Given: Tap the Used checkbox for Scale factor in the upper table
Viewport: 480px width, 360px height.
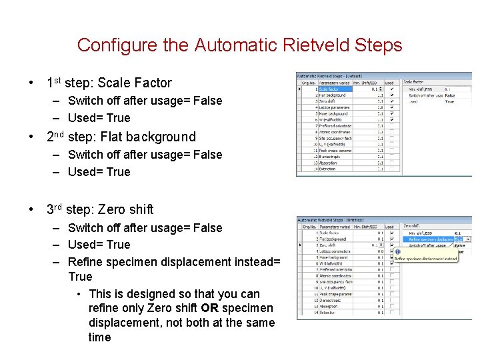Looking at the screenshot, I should tap(391, 89).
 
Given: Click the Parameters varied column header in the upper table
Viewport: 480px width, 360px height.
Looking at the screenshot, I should tap(335, 83).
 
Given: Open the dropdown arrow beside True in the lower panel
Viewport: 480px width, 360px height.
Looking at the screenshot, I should tap(468, 239).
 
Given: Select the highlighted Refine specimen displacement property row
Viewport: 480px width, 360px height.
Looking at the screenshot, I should tap(430, 239).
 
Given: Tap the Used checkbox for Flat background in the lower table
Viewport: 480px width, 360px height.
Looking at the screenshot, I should tap(392, 239).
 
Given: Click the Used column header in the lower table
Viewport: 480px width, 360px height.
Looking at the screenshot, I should tap(389, 226).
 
